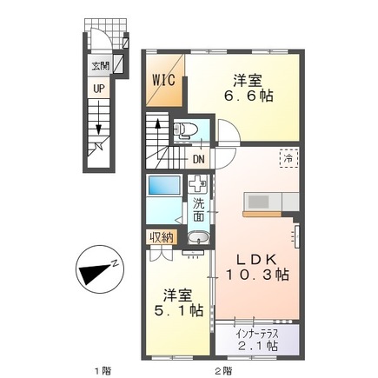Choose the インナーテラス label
[262, 333]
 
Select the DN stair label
[198, 159]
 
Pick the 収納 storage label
[160, 236]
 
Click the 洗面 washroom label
[199, 209]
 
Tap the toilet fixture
[184, 131]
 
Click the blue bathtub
[163, 186]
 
